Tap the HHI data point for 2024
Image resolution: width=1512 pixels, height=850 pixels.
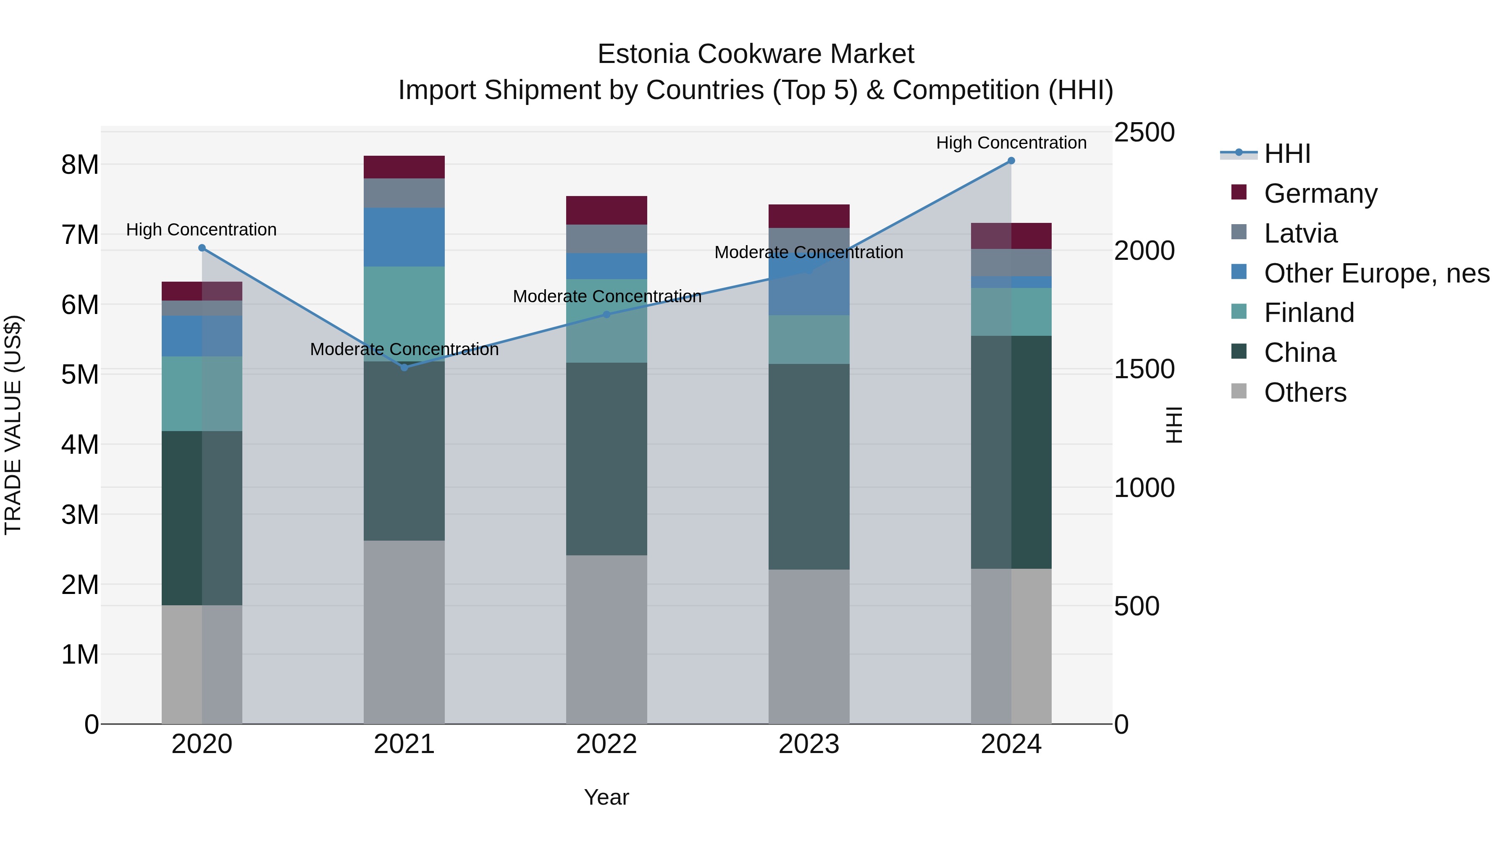[x=1011, y=161]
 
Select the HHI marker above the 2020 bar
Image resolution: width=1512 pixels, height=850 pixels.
[x=202, y=248]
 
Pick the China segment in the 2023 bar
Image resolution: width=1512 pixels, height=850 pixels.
[x=809, y=466]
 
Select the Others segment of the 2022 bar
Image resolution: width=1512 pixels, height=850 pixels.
[x=606, y=639]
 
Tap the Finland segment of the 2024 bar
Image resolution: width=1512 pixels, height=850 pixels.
[x=1011, y=311]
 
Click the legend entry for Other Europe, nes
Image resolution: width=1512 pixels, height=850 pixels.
[x=1376, y=273]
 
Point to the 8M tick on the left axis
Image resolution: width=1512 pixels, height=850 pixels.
[x=80, y=165]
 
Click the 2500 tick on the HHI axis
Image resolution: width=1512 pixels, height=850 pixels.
[x=1144, y=133]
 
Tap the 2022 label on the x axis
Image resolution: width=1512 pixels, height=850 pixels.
[x=606, y=744]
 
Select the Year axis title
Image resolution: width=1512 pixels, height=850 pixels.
[x=606, y=797]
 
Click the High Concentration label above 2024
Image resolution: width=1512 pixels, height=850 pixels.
[x=1011, y=143]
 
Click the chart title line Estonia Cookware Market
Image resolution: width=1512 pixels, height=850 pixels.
[x=756, y=54]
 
